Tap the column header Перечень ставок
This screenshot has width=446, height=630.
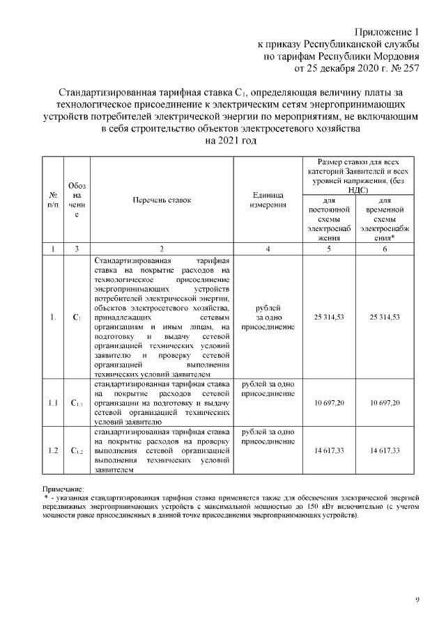(x=161, y=200)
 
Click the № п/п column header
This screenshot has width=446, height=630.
(x=52, y=200)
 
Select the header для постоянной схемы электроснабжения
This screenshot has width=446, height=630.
(x=329, y=218)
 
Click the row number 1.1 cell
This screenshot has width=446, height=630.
(x=52, y=403)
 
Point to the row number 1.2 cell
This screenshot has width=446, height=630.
(x=52, y=451)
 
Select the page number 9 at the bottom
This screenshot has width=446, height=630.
(x=417, y=599)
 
